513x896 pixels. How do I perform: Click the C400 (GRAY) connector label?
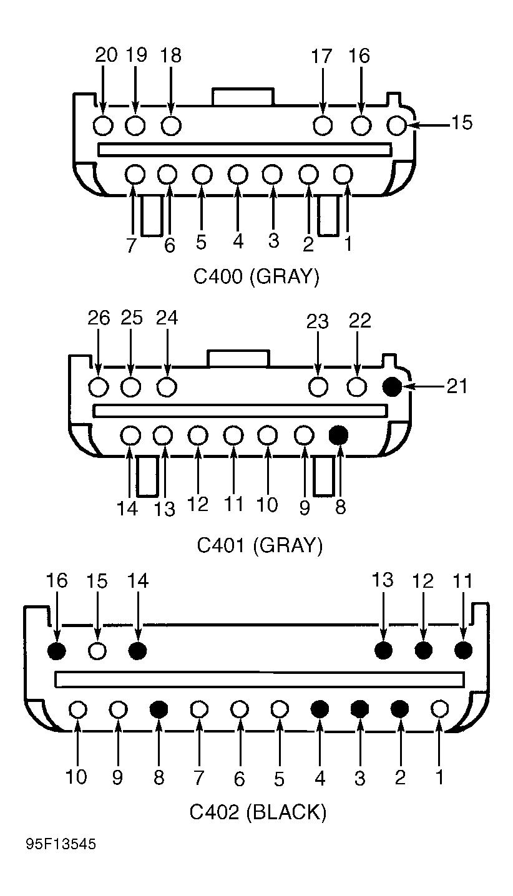point(256,276)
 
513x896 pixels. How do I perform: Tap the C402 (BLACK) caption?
point(258,812)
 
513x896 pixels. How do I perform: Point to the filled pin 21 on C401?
point(392,387)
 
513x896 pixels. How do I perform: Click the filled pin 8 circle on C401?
point(338,434)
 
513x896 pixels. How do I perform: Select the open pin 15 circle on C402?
point(97,651)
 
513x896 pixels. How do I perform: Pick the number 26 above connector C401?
point(99,318)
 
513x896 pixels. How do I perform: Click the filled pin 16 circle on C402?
point(57,651)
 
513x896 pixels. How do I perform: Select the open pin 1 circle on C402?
point(440,709)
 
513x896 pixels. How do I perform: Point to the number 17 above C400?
point(322,56)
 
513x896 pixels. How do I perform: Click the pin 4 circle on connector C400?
point(237,173)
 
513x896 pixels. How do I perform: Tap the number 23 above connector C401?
point(318,321)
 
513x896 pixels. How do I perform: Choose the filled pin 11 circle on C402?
point(463,650)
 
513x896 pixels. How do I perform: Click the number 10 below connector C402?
point(76,777)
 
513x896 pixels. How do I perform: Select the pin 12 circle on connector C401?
point(198,434)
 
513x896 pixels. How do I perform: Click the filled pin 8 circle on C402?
point(159,709)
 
